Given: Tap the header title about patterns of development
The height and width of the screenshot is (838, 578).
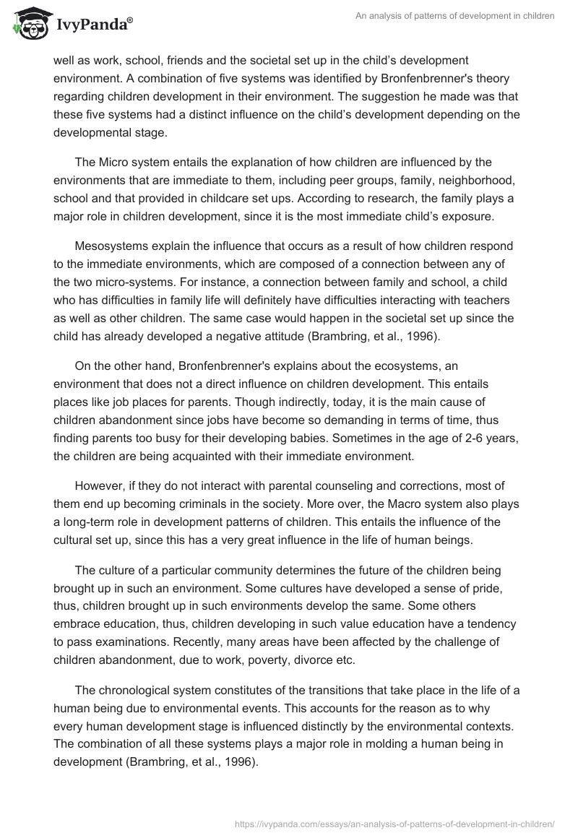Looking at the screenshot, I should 456,16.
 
